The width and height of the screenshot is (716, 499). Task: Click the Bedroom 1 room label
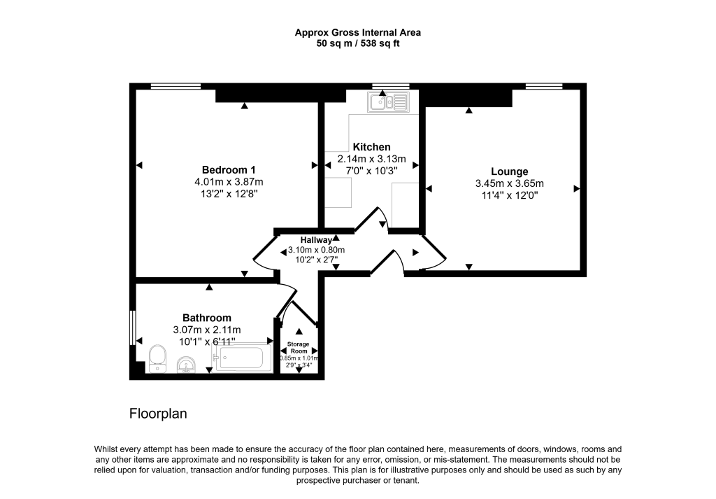click(x=229, y=170)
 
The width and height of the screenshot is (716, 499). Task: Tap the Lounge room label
click(x=509, y=171)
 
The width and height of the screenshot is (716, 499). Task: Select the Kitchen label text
click(x=371, y=147)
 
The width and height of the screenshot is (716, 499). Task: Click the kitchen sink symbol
click(x=388, y=102)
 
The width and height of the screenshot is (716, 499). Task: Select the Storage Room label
click(x=299, y=348)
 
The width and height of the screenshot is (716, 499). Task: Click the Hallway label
click(x=316, y=240)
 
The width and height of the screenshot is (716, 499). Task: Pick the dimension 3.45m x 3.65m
click(x=509, y=184)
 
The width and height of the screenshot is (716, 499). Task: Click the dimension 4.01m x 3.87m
click(x=229, y=182)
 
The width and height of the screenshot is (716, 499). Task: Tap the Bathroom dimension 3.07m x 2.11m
click(x=207, y=330)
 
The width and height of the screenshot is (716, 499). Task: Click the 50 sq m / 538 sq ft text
click(x=357, y=43)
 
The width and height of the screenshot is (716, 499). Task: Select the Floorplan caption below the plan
click(x=158, y=414)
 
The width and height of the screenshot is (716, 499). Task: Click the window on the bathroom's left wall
click(x=132, y=326)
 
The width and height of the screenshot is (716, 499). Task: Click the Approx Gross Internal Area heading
click(x=357, y=32)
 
